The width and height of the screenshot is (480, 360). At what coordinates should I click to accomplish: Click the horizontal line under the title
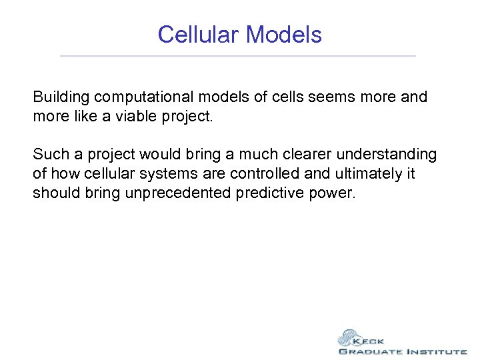point(237,56)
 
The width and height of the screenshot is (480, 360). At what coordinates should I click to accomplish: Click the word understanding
point(387,155)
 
